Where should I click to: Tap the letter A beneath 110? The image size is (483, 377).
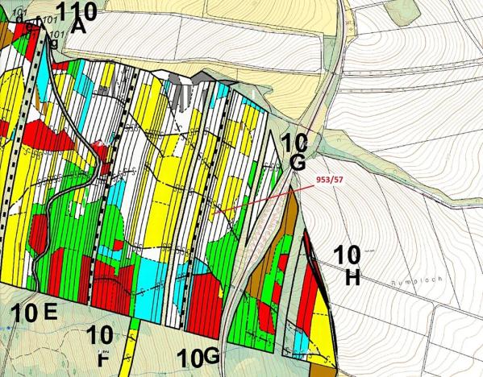tap(78, 27)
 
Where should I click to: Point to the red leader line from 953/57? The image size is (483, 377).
tap(258, 197)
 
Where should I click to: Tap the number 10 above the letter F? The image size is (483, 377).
tap(101, 333)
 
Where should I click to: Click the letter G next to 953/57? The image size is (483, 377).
tap(297, 163)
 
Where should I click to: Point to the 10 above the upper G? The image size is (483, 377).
tap(294, 143)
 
